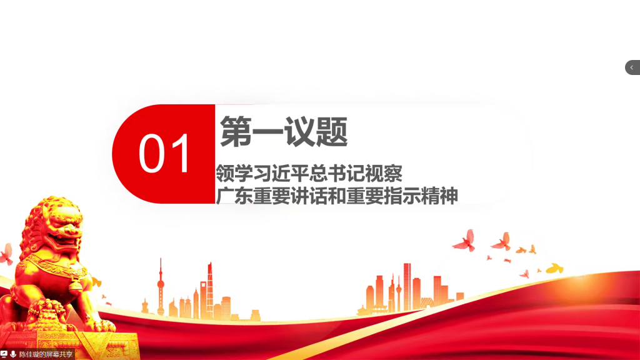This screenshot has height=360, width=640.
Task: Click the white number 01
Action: click(x=164, y=154)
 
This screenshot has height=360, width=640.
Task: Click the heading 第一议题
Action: click(x=284, y=131)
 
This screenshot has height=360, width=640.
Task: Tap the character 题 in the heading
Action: click(x=332, y=131)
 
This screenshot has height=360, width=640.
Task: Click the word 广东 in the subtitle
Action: click(x=234, y=196)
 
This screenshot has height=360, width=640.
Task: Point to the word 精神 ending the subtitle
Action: click(x=439, y=196)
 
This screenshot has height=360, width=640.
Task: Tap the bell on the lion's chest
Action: click(x=76, y=284)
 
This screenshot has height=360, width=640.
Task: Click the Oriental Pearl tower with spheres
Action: click(x=161, y=286)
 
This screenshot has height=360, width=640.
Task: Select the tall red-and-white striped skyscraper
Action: click(x=407, y=287)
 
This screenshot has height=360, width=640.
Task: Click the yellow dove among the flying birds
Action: click(x=555, y=268)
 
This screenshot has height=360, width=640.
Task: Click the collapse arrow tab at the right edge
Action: click(x=632, y=67)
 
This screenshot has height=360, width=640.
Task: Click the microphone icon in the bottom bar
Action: click(x=13, y=354)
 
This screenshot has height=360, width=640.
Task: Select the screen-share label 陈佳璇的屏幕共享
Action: click(x=46, y=354)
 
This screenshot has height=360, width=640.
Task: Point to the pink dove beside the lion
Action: click(x=6, y=254)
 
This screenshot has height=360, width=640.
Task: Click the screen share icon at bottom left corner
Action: click(x=4, y=354)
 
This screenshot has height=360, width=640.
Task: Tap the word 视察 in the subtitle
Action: click(x=384, y=174)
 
